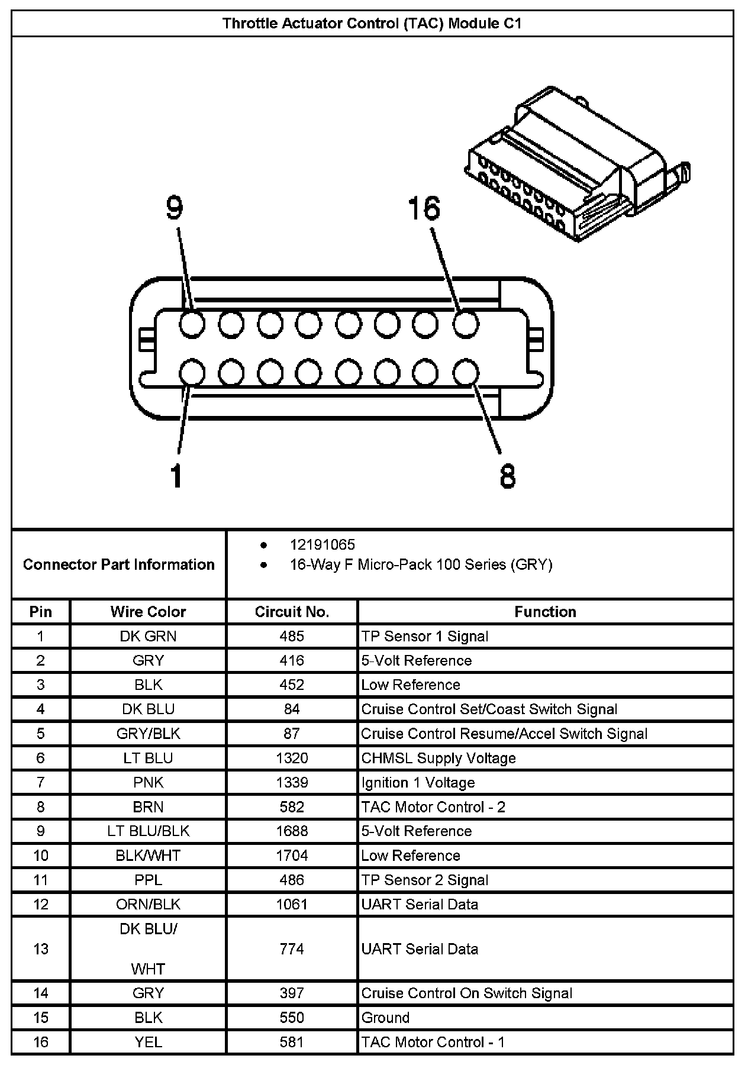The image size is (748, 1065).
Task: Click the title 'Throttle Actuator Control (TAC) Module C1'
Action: (372, 24)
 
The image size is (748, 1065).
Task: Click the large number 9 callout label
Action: (174, 208)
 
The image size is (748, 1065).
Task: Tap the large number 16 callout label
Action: (424, 209)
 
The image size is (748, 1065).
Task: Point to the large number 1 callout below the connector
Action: (176, 476)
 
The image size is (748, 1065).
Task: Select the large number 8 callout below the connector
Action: (508, 476)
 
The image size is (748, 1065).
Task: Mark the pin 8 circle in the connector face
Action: (466, 373)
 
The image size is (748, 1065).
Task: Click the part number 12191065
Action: (322, 545)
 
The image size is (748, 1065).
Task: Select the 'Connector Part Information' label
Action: (119, 564)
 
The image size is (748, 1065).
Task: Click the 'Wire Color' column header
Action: (148, 612)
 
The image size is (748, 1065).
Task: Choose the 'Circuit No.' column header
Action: (292, 612)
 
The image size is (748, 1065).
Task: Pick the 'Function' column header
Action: (545, 612)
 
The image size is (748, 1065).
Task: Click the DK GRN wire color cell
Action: (148, 637)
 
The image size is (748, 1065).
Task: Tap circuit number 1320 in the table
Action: (292, 759)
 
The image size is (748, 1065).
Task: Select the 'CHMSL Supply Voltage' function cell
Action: (439, 759)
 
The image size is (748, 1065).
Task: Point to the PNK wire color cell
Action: (148, 783)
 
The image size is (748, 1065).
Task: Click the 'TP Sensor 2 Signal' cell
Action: (425, 880)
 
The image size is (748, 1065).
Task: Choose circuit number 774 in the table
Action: (292, 949)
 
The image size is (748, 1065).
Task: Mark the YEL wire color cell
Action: (148, 1042)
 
